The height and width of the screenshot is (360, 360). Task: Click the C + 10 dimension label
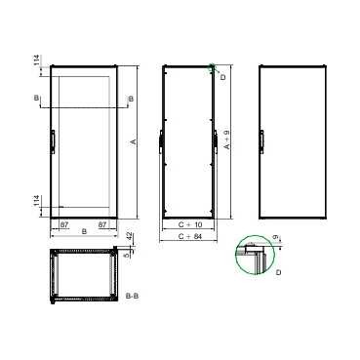(x=190, y=224)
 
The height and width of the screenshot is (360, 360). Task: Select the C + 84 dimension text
(x=190, y=236)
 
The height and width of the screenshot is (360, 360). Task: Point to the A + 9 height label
(x=227, y=140)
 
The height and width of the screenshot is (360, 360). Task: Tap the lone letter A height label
(x=133, y=141)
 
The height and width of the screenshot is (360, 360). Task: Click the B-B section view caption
(x=132, y=296)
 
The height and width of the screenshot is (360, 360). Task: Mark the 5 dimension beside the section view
(x=129, y=255)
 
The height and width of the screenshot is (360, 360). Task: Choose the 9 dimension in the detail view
(x=276, y=237)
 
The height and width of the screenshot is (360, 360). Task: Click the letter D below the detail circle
(x=278, y=272)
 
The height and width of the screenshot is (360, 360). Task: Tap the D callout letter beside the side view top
(x=223, y=77)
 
